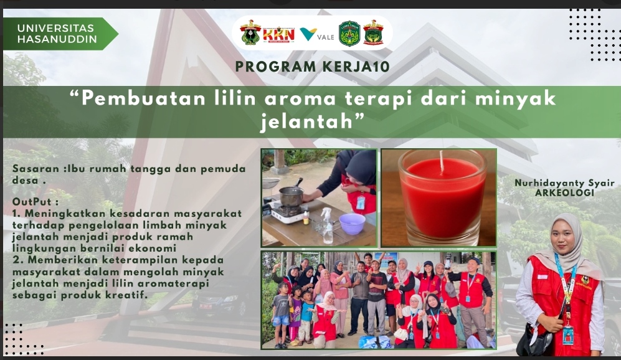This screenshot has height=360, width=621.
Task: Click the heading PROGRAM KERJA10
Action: click(313, 67)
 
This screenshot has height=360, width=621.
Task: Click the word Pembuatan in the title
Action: click(143, 98)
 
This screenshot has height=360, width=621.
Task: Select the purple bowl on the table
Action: click(352, 224)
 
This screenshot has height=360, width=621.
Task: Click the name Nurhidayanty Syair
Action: click(564, 183)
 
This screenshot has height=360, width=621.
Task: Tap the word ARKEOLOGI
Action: click(564, 193)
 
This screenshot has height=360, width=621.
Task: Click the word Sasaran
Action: click(36, 169)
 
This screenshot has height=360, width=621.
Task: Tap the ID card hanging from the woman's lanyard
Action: click(569, 336)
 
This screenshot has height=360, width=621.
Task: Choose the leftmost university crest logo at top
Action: click(250, 33)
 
